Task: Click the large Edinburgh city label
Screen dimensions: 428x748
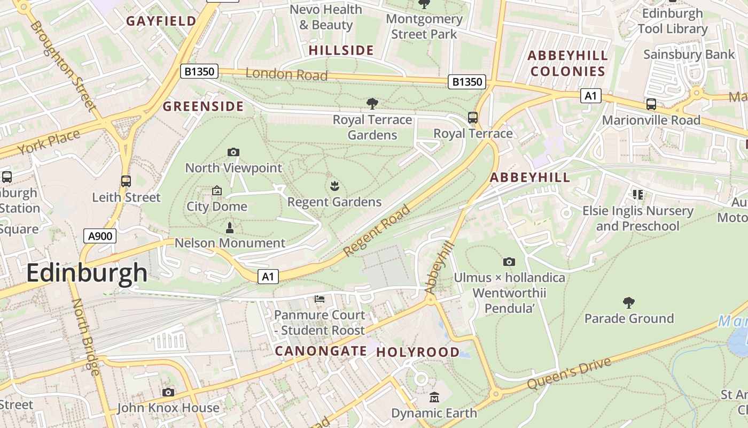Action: pos(87,273)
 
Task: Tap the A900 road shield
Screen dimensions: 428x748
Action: pos(100,235)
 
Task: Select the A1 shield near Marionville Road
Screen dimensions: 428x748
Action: pos(590,96)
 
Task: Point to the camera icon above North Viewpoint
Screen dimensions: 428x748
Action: pos(233,152)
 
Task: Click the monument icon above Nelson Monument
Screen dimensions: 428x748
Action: pos(230,227)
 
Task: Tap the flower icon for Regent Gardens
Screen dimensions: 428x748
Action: pos(334,186)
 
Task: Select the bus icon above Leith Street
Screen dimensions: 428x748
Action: pos(126,181)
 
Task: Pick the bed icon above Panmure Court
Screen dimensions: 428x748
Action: pos(320,299)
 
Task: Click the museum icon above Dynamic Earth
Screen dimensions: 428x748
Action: pos(434,398)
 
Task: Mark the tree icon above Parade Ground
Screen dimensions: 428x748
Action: pos(629,303)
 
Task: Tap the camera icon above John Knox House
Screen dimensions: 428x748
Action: pos(168,392)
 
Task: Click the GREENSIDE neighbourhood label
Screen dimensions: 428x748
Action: pos(203,106)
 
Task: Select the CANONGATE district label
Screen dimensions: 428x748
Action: pos(321,351)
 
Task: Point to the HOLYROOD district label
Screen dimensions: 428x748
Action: pos(418,352)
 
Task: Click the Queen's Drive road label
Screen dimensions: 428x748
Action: pos(569,373)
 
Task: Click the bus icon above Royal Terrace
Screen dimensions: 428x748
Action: pos(473,117)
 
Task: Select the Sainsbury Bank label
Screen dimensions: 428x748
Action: pos(689,54)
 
